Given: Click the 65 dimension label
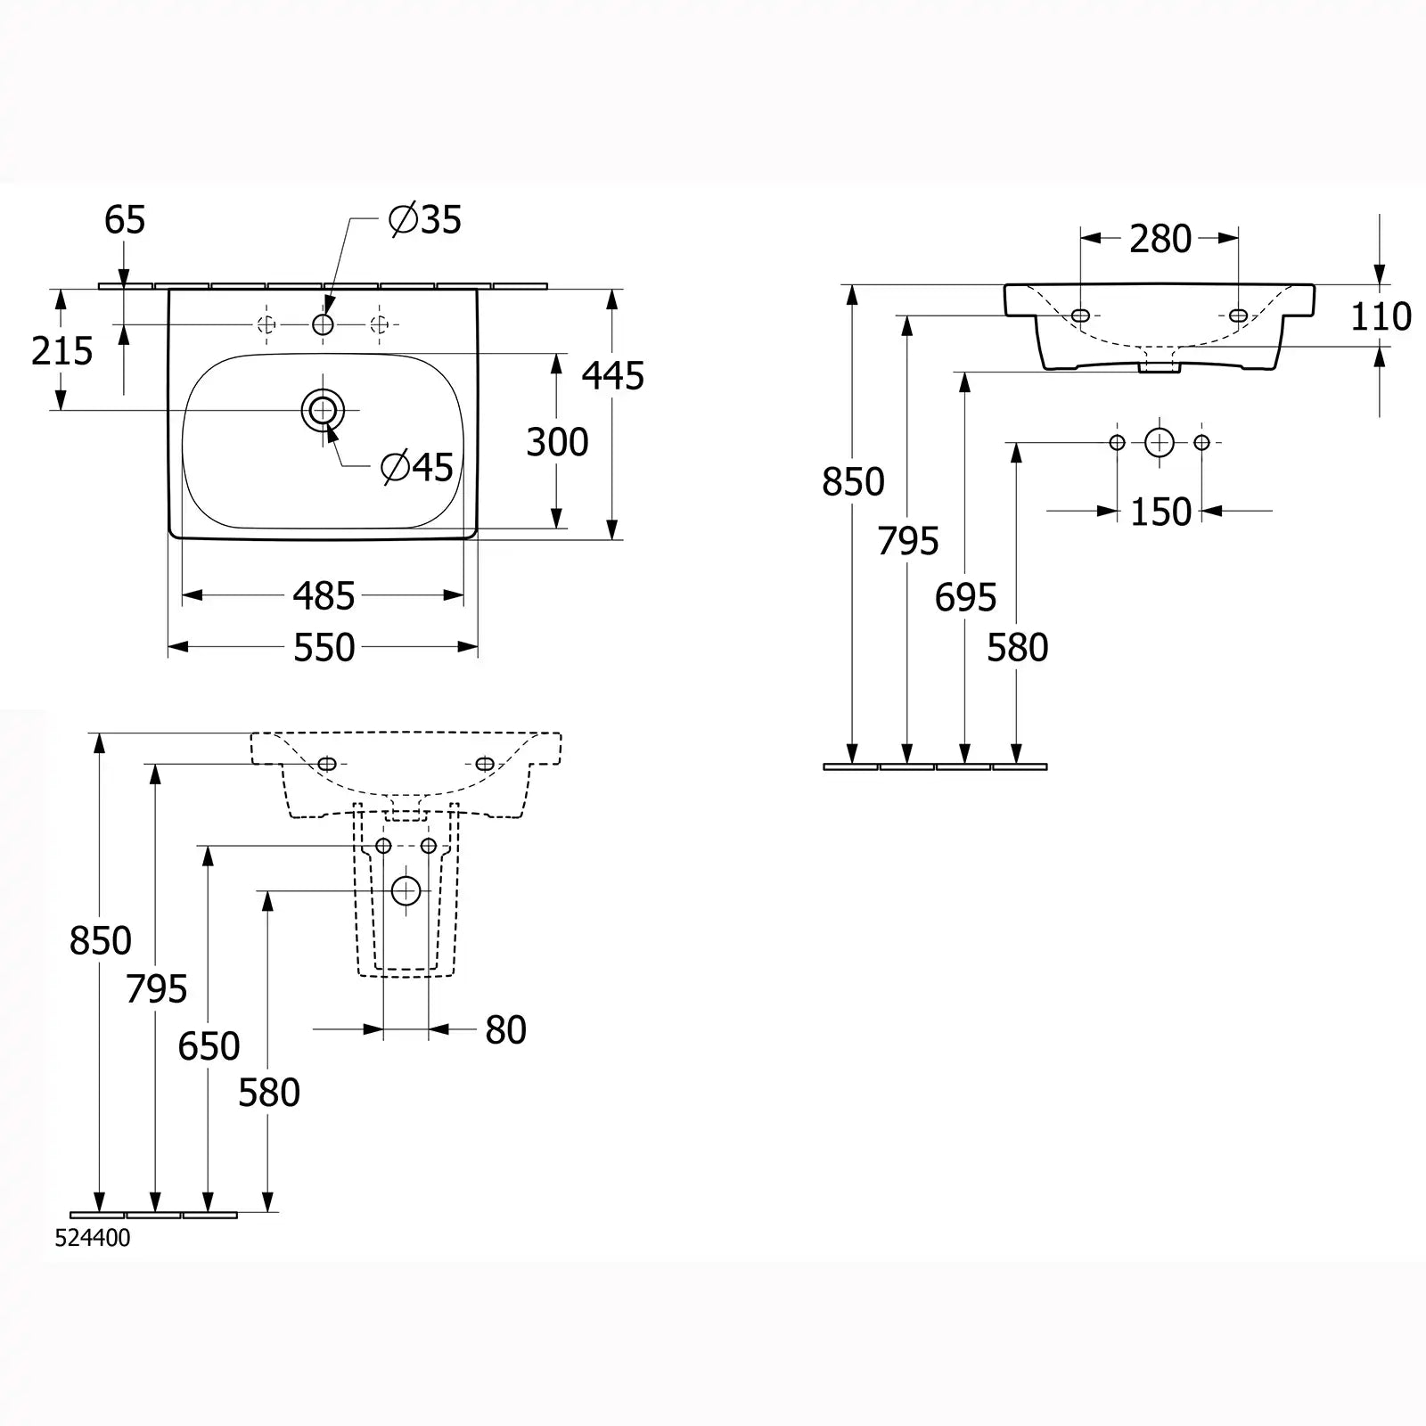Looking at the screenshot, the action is pos(125,220).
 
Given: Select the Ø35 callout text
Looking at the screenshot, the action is pos(426,219).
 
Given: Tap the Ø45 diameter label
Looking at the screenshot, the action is pos(417,467).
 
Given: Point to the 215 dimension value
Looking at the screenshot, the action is pos(62,352).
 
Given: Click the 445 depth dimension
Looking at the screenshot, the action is pos(613,376).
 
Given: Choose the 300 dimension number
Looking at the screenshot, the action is pos(557,443).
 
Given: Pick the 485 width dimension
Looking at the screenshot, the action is pos(324,596).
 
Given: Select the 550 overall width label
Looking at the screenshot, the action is pos(324,648).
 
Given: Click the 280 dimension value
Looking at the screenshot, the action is pos(1160,239).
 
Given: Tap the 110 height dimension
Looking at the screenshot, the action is pos(1381,317).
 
